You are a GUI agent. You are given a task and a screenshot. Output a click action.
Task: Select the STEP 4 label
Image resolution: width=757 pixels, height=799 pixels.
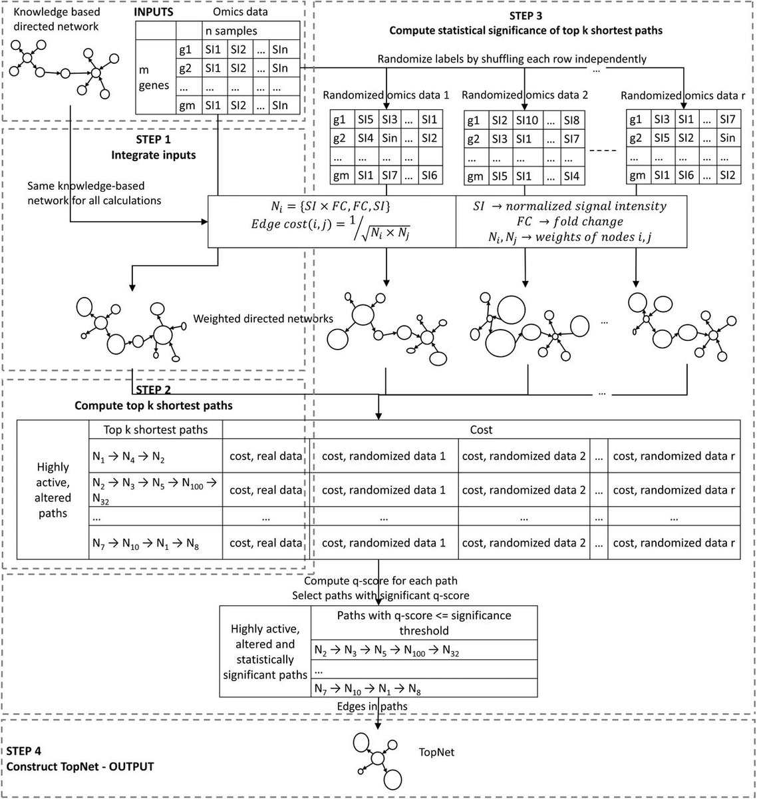[25, 753]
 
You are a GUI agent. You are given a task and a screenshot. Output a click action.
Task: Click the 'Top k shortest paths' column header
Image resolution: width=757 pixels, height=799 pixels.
[156, 429]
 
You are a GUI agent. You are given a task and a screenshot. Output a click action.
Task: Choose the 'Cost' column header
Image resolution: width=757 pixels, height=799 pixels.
[481, 429]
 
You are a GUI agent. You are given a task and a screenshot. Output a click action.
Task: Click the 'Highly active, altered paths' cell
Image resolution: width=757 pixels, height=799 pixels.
[53, 490]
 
